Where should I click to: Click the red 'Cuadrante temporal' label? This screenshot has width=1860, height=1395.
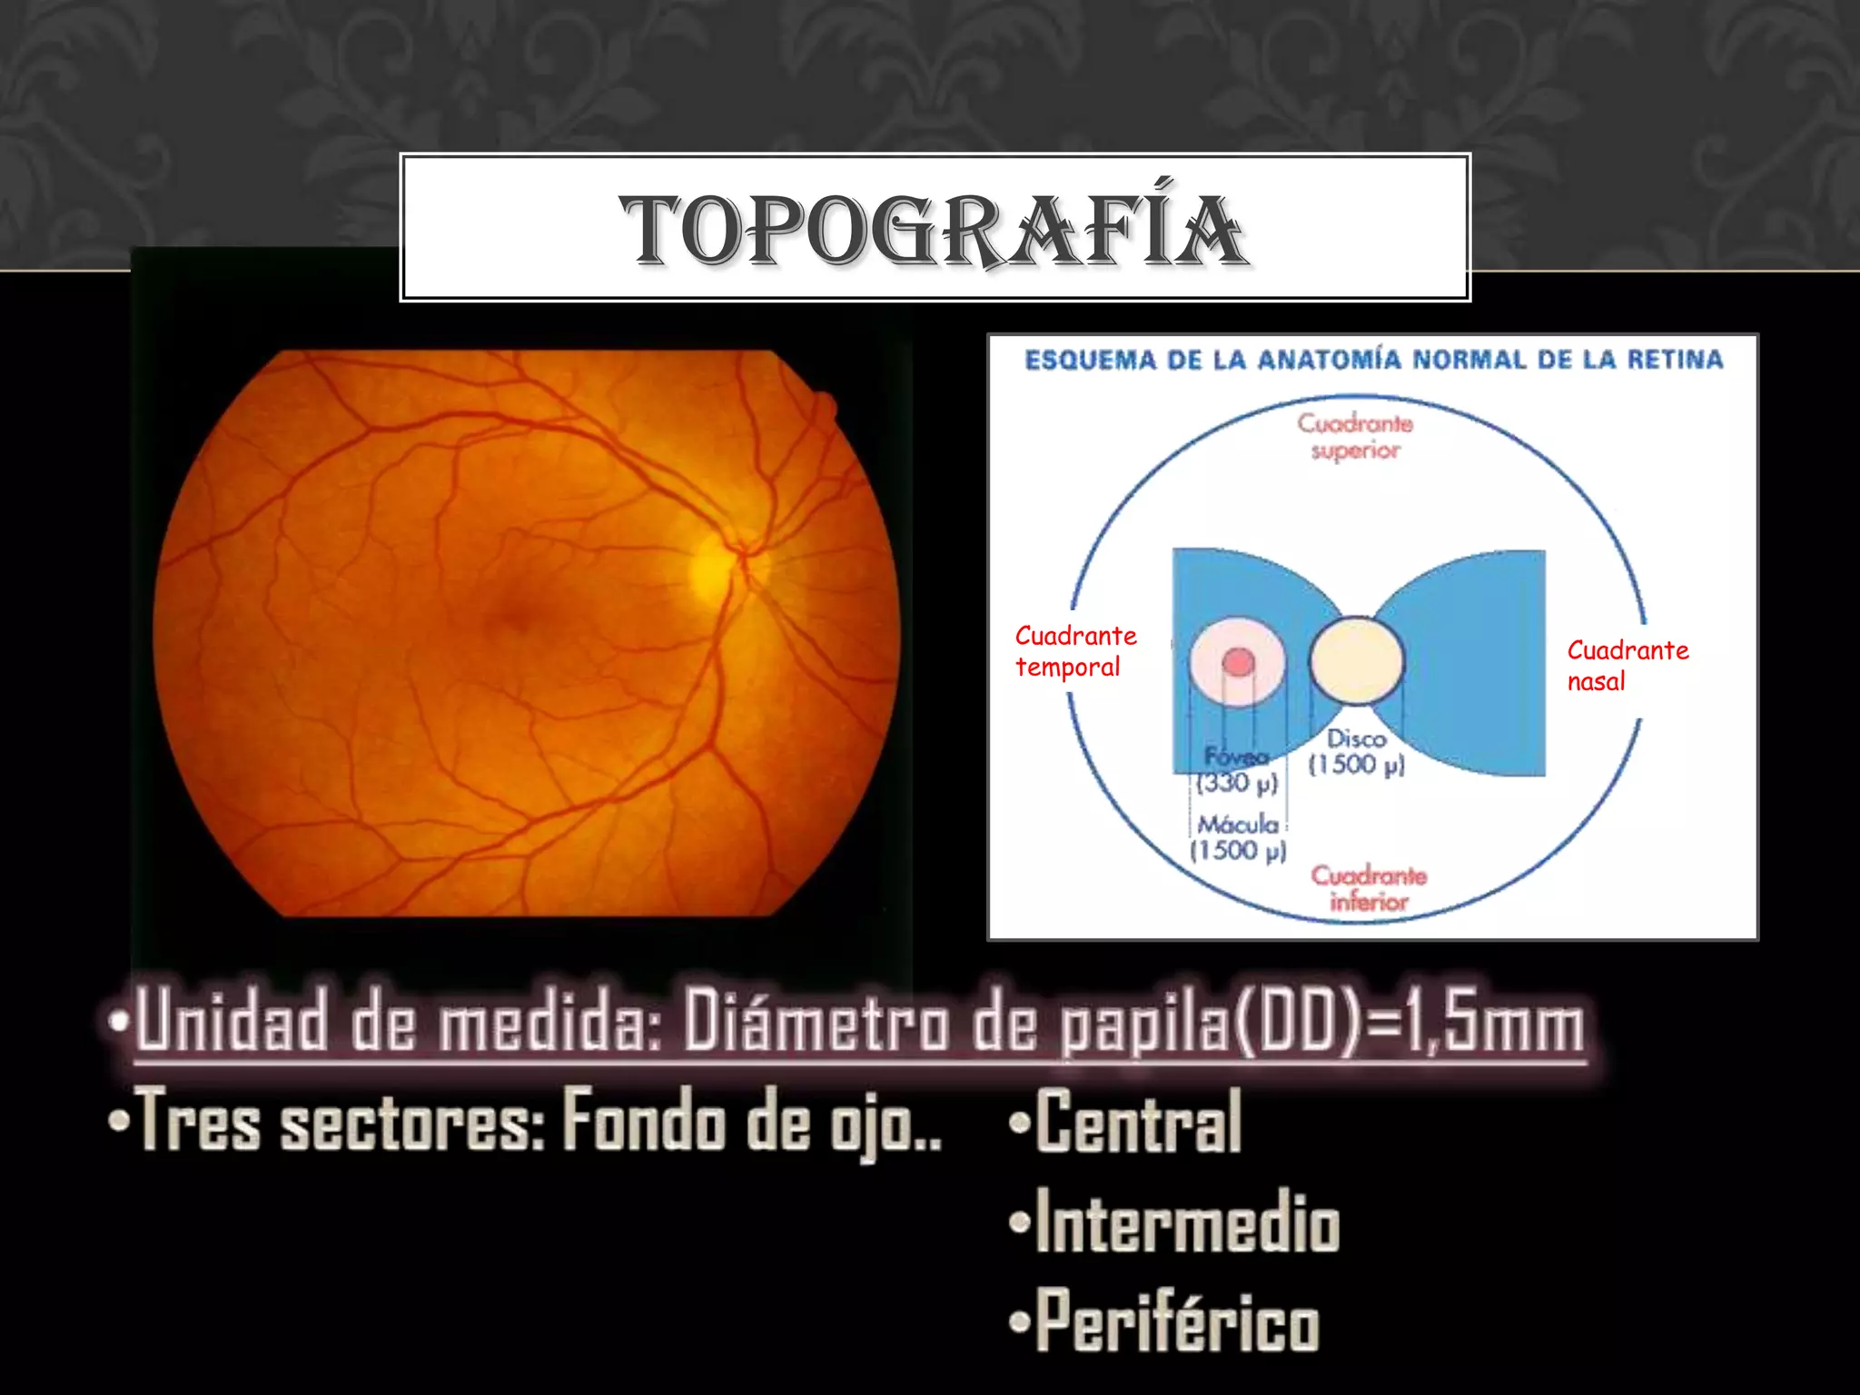[1075, 651]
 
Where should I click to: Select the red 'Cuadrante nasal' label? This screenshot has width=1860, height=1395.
[1627, 666]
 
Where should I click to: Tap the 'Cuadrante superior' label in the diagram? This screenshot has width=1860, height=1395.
[1355, 437]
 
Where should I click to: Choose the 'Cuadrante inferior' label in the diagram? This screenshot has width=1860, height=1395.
[1369, 888]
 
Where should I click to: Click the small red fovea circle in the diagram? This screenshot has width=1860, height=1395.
[1238, 662]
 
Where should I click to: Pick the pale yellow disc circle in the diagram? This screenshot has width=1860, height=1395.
[1357, 660]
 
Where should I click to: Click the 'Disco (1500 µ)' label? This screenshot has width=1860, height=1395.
[1357, 752]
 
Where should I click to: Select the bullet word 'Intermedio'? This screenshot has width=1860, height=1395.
[1186, 1223]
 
